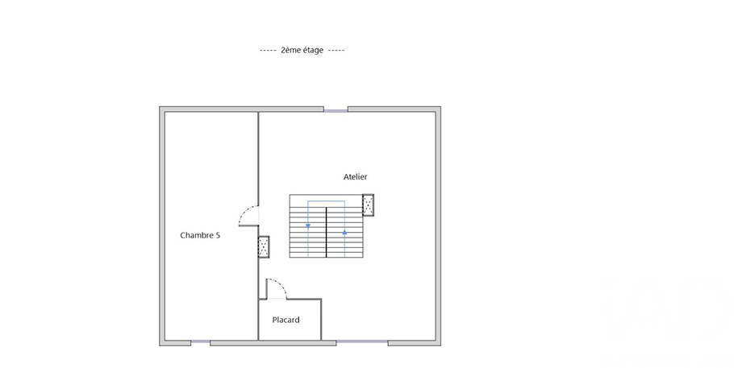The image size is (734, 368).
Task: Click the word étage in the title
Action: point(311,51)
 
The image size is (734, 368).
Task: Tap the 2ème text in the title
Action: point(289,50)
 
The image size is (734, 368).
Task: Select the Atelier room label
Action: point(355,176)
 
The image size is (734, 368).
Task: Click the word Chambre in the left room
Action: point(196,235)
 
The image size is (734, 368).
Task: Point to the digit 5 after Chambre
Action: point(218,235)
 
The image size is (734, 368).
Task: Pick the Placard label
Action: point(286,320)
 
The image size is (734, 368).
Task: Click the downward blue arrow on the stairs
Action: point(308,225)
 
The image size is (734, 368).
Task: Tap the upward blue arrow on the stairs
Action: point(344,232)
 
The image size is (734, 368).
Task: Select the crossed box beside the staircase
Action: point(368,205)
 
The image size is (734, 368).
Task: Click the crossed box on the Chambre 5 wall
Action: point(264,247)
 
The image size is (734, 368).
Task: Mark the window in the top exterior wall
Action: point(336,111)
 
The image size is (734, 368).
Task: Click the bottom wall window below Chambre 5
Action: point(200,341)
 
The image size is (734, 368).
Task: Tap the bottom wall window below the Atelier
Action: point(362,341)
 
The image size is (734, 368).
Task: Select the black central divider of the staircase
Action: point(327,233)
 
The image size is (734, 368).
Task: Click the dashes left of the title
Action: point(268,51)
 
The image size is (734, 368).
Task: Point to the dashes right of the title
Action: point(336,51)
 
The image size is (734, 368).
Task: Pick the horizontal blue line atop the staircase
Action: point(327,201)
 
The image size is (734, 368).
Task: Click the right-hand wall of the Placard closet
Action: point(321,320)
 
